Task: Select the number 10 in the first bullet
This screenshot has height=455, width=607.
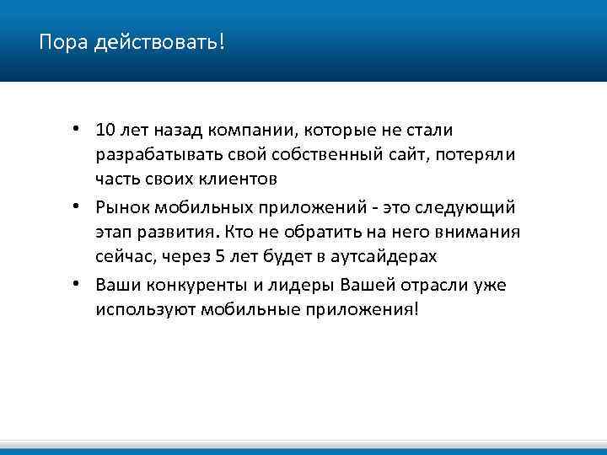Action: [105, 130]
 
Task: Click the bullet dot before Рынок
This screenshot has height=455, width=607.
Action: [76, 206]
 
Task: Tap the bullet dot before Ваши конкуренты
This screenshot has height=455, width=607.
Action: [76, 283]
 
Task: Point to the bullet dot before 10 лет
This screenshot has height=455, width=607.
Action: [76, 129]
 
